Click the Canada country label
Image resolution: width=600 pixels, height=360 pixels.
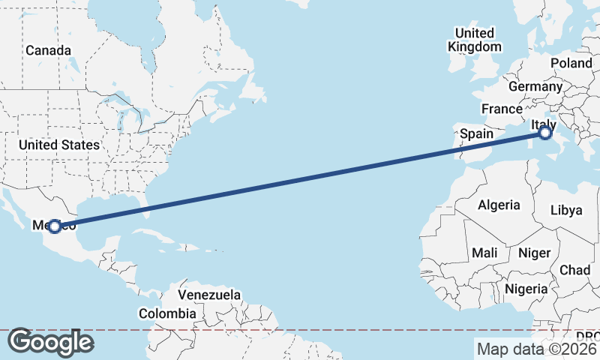(x=48, y=50)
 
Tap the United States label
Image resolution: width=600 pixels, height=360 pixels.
(x=59, y=145)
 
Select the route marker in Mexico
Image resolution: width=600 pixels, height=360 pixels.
(x=54, y=226)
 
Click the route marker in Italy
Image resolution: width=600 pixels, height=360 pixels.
(x=545, y=133)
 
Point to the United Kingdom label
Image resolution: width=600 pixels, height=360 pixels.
(x=475, y=40)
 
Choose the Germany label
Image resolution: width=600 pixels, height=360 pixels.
(x=535, y=86)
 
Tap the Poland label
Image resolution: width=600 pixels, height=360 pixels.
(x=571, y=63)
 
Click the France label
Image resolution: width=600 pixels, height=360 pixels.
(x=502, y=109)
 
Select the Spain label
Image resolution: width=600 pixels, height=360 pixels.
(x=476, y=134)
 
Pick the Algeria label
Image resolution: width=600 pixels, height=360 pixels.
(x=499, y=205)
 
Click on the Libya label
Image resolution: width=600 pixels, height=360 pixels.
(x=565, y=210)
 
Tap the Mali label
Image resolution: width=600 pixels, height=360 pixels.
(x=484, y=253)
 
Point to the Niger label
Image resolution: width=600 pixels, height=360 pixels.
(x=534, y=253)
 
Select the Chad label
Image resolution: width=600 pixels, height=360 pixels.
(x=574, y=270)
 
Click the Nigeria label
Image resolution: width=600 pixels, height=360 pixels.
(x=525, y=289)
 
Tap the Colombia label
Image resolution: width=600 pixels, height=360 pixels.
(x=167, y=313)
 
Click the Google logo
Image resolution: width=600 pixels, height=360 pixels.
(x=50, y=342)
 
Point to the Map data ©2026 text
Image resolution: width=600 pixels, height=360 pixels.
(x=535, y=349)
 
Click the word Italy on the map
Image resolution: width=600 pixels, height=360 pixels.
(x=542, y=124)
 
